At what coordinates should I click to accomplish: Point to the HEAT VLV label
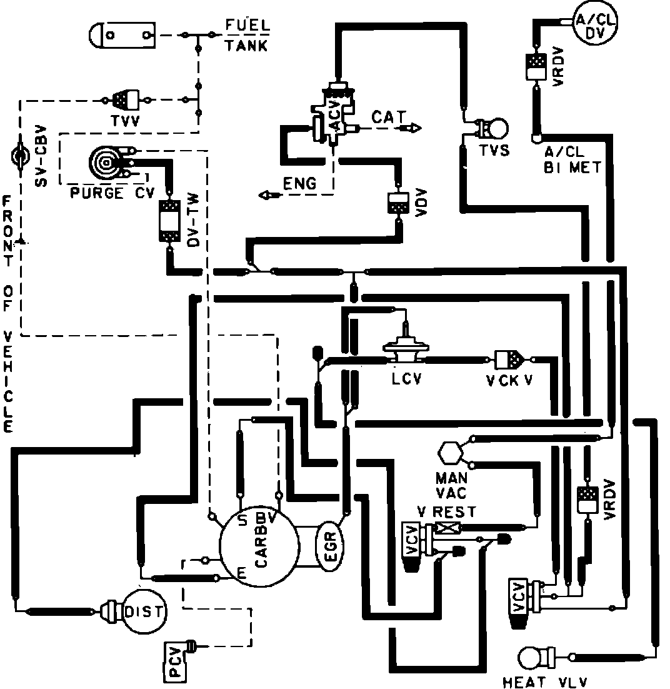[545, 681]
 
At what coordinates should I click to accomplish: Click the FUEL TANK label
[246, 36]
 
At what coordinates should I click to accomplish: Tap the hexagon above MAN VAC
[451, 453]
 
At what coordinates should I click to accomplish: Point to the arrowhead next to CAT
[413, 128]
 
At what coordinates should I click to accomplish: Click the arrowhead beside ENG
[267, 196]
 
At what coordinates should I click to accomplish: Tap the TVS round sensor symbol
[495, 129]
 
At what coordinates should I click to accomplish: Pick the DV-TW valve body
[169, 220]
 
